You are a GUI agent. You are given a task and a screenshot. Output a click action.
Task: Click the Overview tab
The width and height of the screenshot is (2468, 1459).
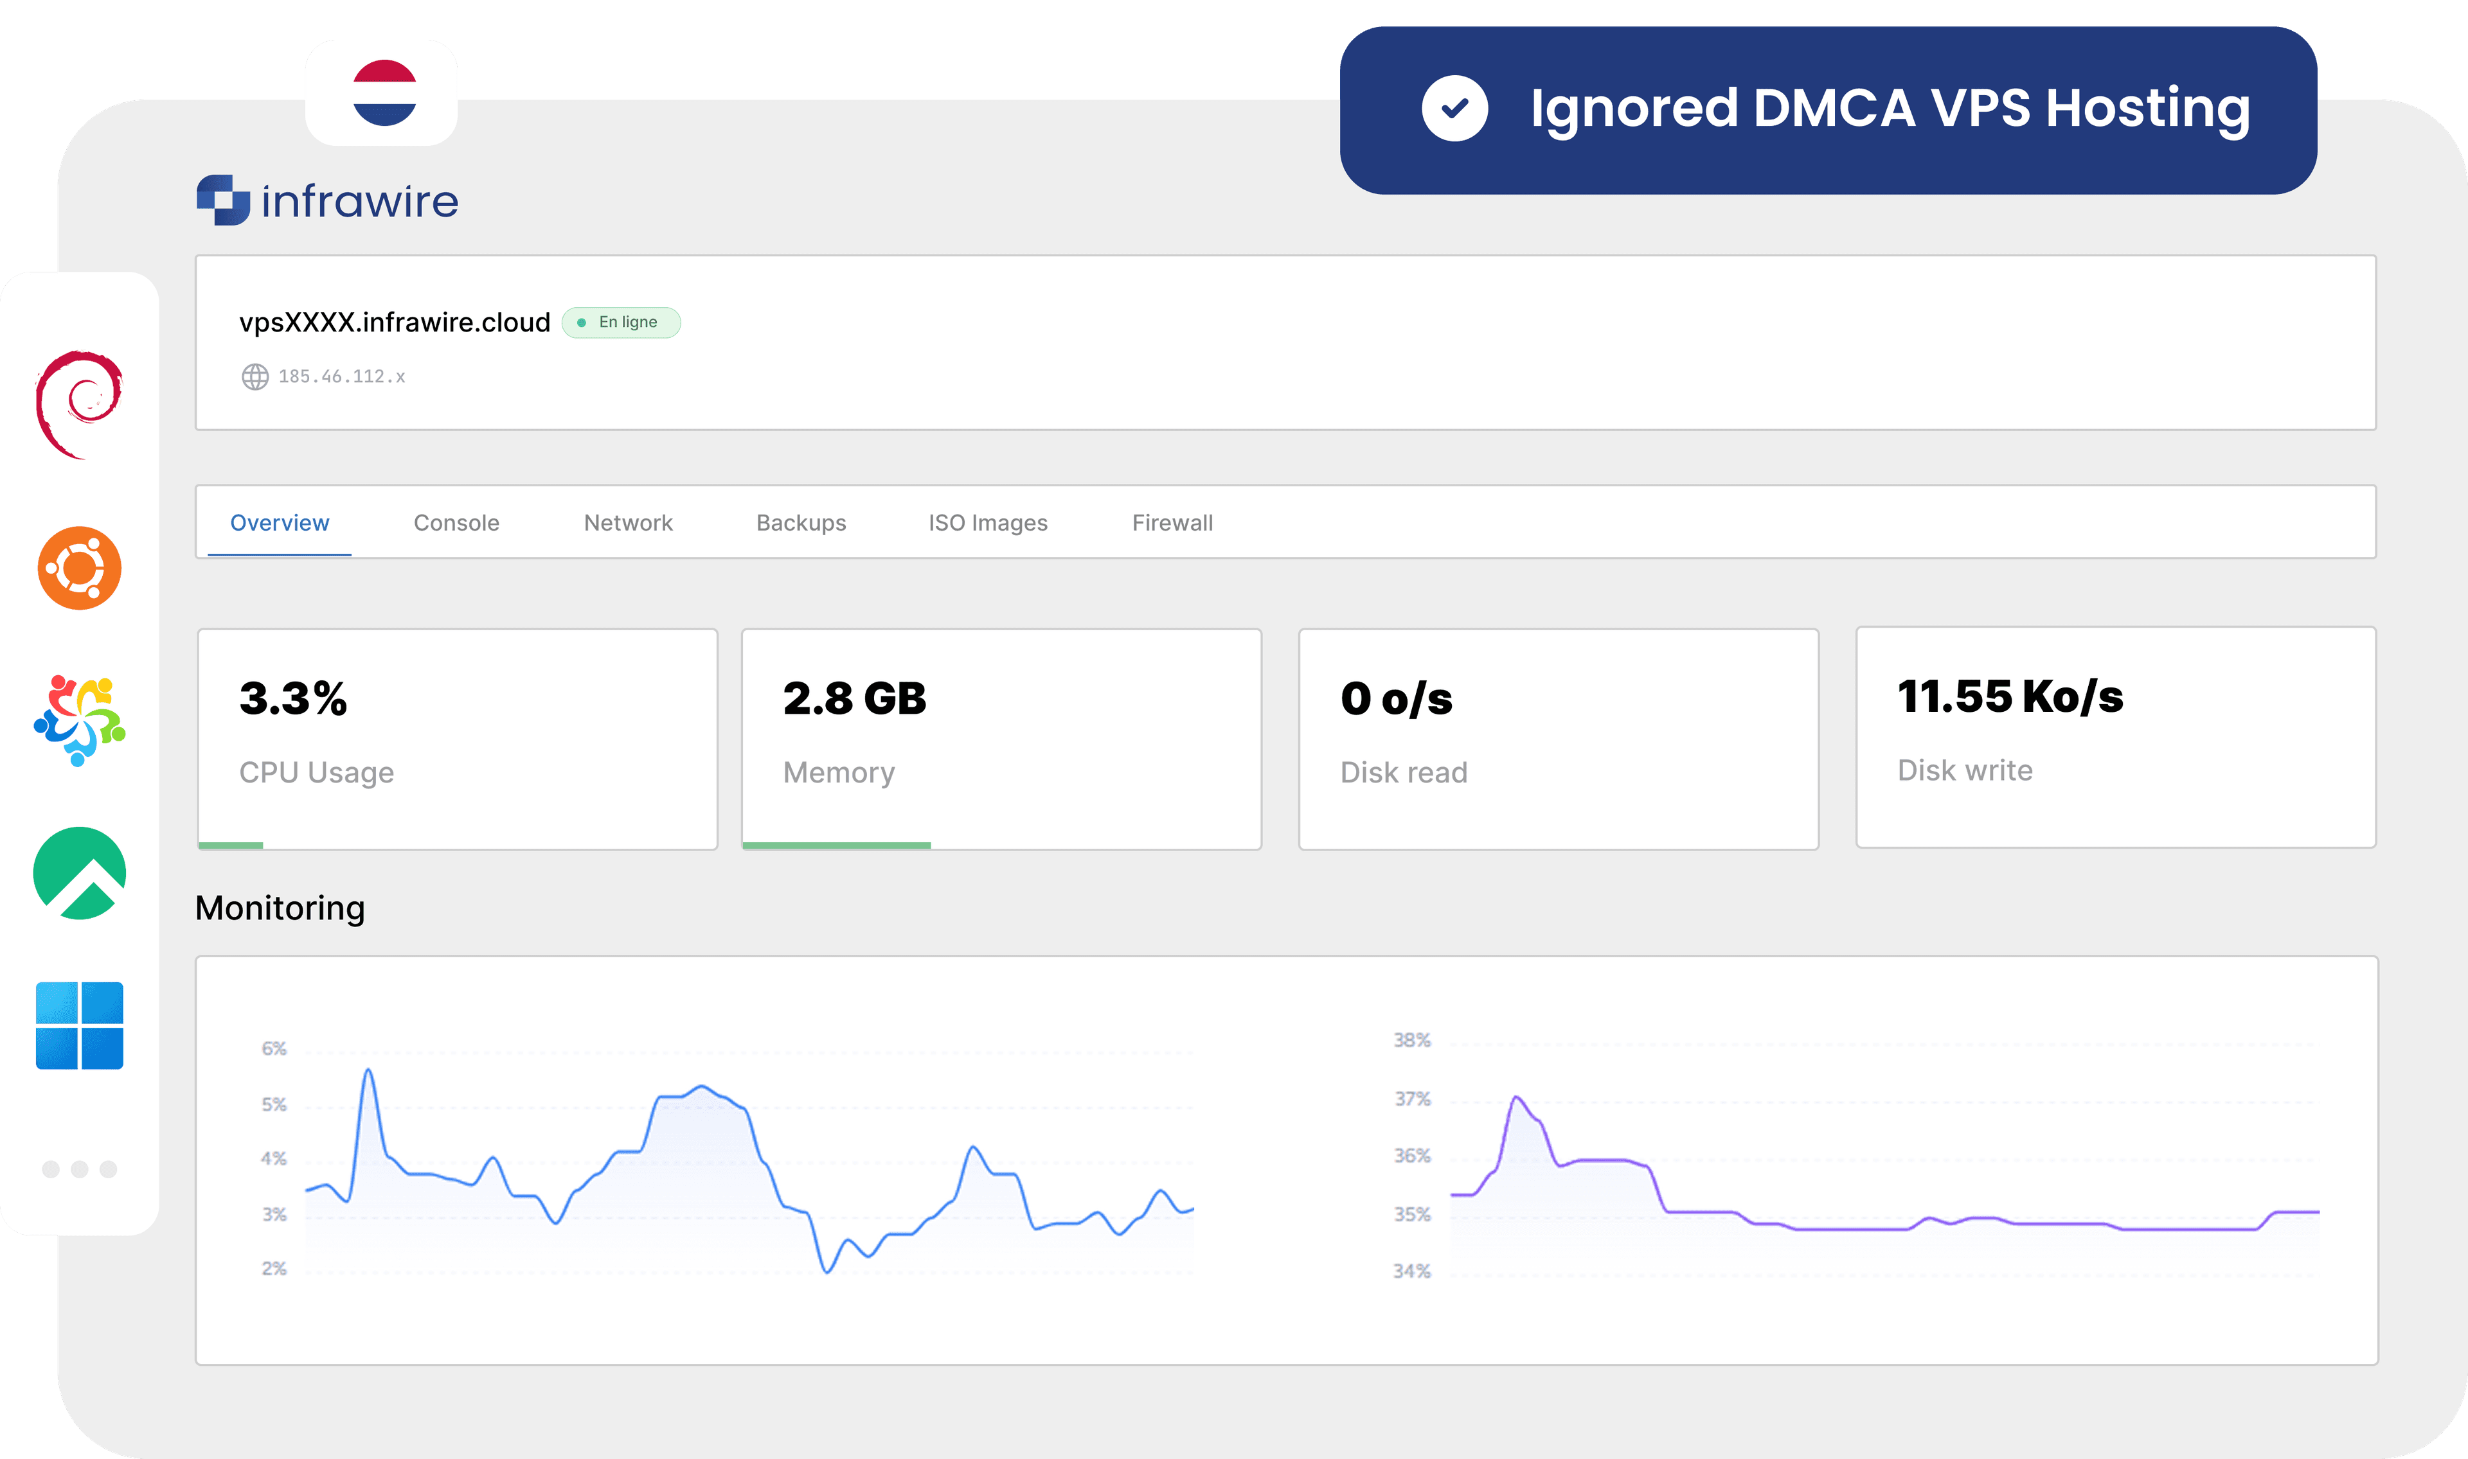point(279,523)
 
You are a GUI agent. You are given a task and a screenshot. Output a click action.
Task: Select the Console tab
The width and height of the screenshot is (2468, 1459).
point(456,523)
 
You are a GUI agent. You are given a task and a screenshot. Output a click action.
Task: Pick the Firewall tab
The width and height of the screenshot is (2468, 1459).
point(1172,523)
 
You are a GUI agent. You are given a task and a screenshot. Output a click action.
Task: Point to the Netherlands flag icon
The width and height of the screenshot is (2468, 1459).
point(384,93)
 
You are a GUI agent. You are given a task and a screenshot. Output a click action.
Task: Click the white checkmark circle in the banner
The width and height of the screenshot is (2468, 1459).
point(1454,108)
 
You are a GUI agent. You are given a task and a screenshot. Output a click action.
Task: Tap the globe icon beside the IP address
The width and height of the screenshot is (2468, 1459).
point(255,376)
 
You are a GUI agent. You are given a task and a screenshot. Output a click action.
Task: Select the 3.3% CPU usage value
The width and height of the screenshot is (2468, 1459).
point(293,699)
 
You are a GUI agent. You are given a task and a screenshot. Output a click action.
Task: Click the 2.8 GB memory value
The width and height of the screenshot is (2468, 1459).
point(854,699)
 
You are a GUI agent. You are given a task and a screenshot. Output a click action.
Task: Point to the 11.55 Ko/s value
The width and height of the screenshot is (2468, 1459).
point(2010,697)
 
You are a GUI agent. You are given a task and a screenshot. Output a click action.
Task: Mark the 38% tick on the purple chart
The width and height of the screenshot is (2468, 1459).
point(1412,1040)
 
